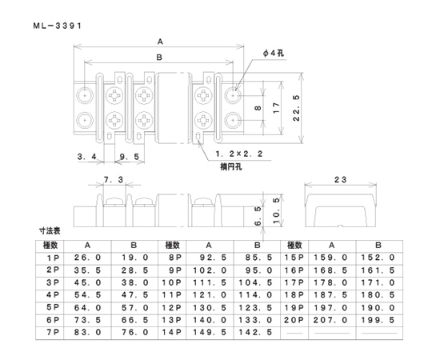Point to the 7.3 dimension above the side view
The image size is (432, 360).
[114, 182]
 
